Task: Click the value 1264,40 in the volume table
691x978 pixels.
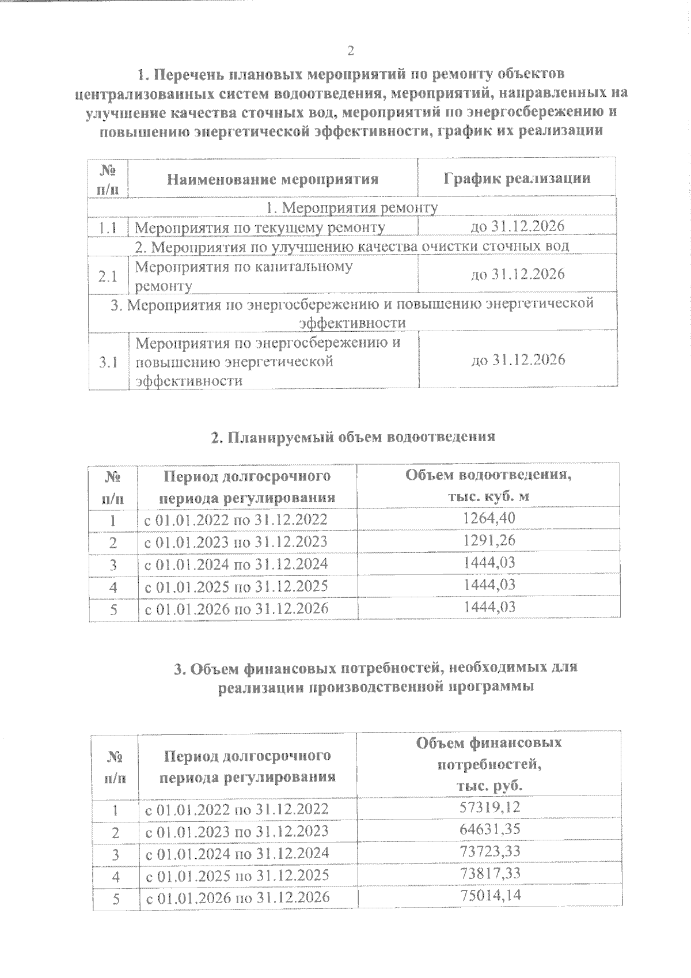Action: pos(489,518)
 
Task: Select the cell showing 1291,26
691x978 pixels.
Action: pos(489,541)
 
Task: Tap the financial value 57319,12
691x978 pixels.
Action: pos(490,807)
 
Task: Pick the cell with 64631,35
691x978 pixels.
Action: pos(490,830)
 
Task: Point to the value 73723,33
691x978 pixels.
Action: pos(490,852)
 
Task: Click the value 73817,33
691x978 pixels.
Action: pos(490,874)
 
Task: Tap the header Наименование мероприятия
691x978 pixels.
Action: pos(272,179)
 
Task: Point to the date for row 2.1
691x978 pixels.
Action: pos(517,274)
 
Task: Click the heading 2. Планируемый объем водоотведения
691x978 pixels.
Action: pos(353,437)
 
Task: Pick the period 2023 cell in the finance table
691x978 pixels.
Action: pos(237,831)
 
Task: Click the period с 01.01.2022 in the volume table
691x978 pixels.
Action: pos(236,520)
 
